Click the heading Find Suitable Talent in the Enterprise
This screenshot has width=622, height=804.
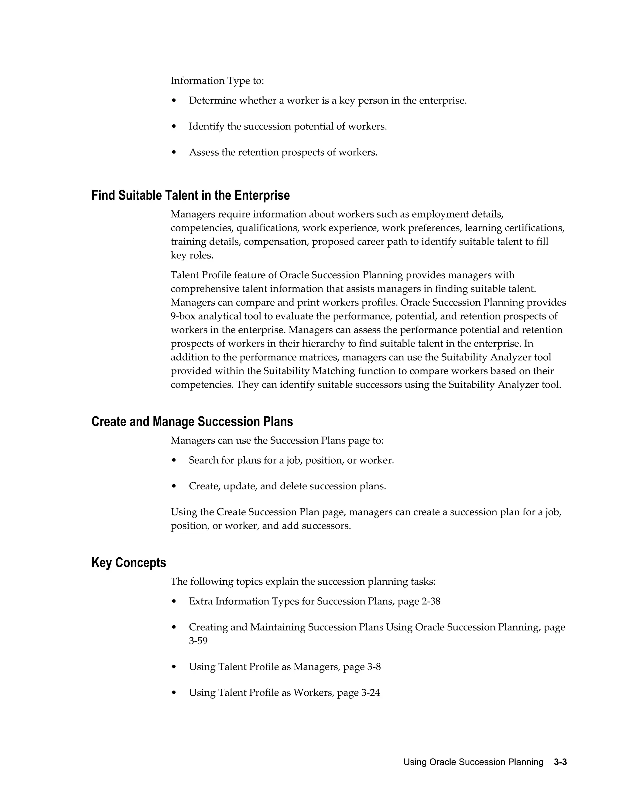coord(190,195)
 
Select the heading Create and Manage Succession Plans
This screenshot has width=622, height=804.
coord(192,421)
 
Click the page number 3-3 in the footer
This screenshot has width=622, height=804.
coord(560,762)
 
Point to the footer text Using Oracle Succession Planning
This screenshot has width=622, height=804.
coord(473,762)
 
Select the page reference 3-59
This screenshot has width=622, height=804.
coord(198,640)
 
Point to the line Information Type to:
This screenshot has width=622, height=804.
coord(217,81)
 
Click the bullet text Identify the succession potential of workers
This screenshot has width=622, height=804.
coord(288,127)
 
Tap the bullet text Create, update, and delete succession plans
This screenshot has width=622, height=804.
coord(287,486)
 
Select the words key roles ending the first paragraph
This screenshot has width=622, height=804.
coord(192,255)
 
